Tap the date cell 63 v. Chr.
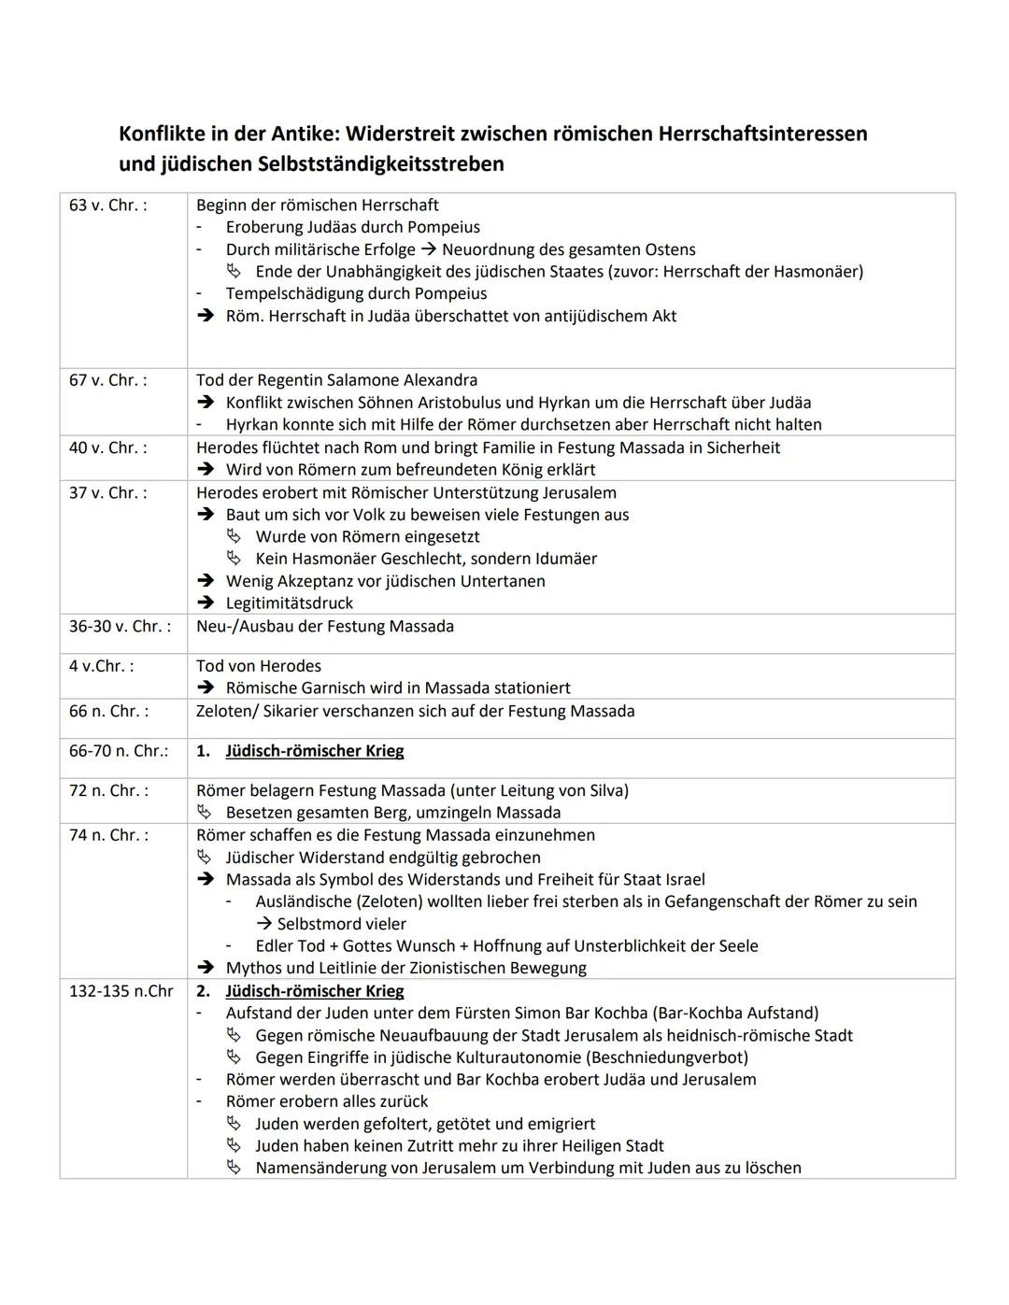point(107,205)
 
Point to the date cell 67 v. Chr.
point(107,380)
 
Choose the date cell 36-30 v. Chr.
point(120,626)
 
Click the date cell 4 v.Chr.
point(101,666)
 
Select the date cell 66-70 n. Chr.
point(119,751)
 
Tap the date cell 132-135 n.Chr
point(121,991)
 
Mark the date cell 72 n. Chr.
point(107,790)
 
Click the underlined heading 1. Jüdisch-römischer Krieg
point(314,751)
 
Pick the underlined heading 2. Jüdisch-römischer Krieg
point(314,991)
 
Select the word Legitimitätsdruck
point(290,603)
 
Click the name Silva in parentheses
point(604,790)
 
